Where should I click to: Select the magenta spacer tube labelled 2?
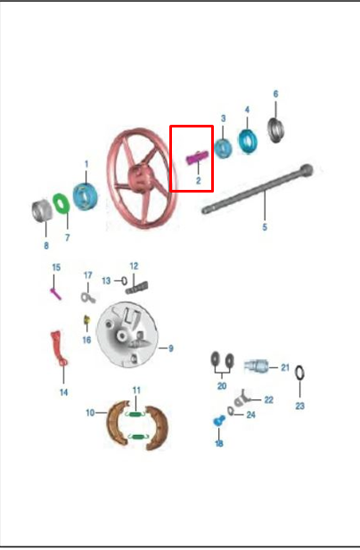pyautogui.click(x=197, y=157)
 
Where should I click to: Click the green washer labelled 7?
pyautogui.click(x=61, y=203)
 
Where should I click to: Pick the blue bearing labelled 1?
pyautogui.click(x=86, y=196)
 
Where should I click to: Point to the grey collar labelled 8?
pyautogui.click(x=41, y=210)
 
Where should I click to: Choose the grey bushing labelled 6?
pyautogui.click(x=276, y=130)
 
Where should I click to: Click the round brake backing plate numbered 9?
pyautogui.click(x=127, y=335)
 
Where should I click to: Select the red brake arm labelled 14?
pyautogui.click(x=59, y=348)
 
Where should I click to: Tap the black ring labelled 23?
pyautogui.click(x=299, y=373)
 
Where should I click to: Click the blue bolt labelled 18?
pyautogui.click(x=219, y=420)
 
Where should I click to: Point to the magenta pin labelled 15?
pyautogui.click(x=56, y=293)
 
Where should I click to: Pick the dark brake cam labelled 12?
pyautogui.click(x=136, y=288)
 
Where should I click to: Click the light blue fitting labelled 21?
pyautogui.click(x=257, y=365)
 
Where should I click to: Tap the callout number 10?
pyautogui.click(x=90, y=413)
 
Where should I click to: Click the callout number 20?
pyautogui.click(x=222, y=386)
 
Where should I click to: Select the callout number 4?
pyautogui.click(x=247, y=110)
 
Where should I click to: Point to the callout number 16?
pyautogui.click(x=86, y=340)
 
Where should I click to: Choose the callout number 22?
pyautogui.click(x=268, y=400)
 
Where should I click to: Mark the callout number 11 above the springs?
pyautogui.click(x=136, y=390)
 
